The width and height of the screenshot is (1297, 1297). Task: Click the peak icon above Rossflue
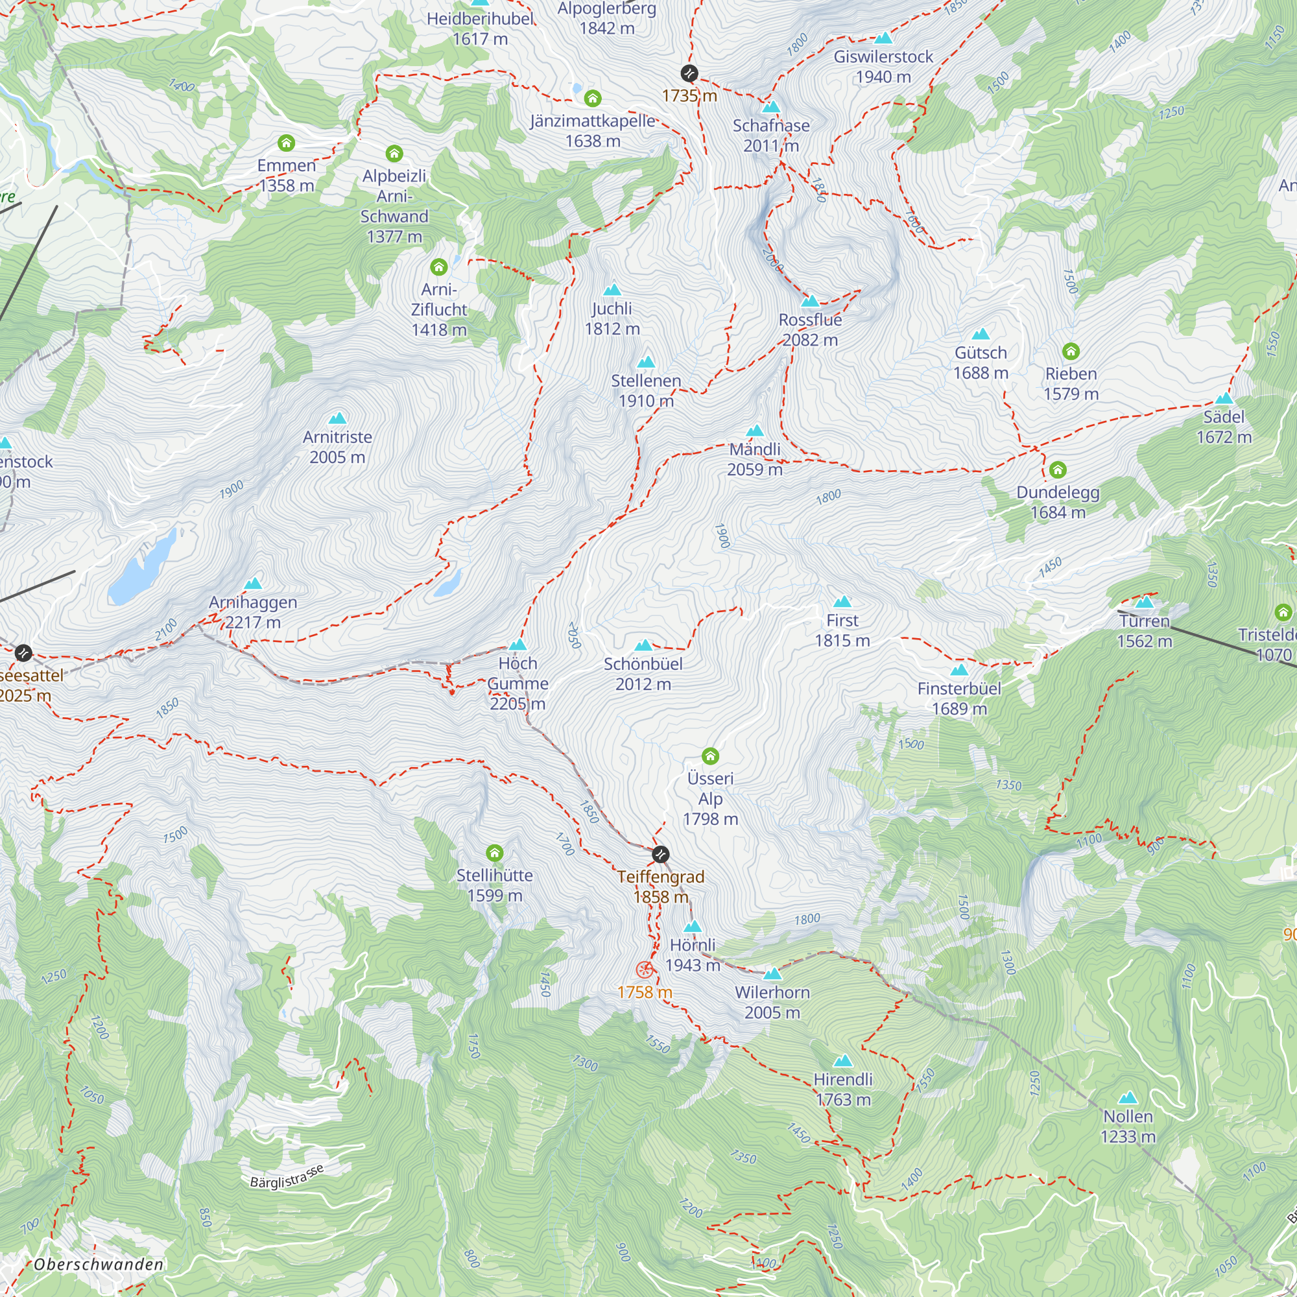click(x=810, y=301)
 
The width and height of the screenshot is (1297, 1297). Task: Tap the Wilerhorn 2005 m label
click(x=772, y=1003)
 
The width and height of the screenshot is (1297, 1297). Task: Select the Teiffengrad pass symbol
click(x=661, y=855)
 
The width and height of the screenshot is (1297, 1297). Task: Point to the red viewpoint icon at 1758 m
click(x=645, y=970)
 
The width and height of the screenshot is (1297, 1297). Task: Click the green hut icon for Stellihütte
click(x=495, y=853)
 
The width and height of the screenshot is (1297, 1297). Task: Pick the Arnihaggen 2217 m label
click(x=253, y=612)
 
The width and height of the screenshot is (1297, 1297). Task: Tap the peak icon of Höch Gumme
click(x=517, y=645)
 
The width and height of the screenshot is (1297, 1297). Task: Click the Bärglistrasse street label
click(x=287, y=1177)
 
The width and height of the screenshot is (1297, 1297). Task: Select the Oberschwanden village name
click(x=99, y=1264)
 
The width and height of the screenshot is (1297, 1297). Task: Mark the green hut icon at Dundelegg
click(x=1058, y=470)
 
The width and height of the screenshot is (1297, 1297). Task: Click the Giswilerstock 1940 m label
click(x=883, y=66)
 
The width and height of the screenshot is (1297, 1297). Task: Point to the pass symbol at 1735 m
click(x=689, y=73)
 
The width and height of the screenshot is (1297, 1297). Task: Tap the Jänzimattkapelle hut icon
click(x=592, y=99)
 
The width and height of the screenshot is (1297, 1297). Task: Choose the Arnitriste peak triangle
click(x=337, y=418)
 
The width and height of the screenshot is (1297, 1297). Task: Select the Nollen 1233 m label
click(x=1128, y=1126)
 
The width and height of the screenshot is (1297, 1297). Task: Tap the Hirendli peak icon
click(x=842, y=1061)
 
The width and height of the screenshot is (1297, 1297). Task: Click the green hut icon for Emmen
click(x=287, y=143)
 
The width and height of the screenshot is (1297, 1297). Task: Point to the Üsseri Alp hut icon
click(x=710, y=757)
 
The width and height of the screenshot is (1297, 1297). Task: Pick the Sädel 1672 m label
click(x=1224, y=426)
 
